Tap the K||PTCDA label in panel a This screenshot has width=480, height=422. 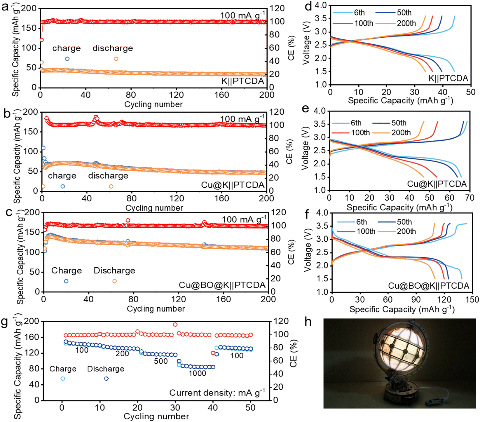click(x=242, y=81)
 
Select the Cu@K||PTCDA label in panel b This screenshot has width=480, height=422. click(x=233, y=185)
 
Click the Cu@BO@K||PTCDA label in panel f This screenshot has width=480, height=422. click(x=428, y=285)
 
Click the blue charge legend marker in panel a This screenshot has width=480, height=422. click(x=67, y=59)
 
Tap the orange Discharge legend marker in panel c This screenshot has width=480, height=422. click(x=114, y=281)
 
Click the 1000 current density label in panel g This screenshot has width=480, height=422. click(x=197, y=373)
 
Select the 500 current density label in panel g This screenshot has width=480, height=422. click(x=161, y=361)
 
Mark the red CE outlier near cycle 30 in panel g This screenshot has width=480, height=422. click(x=175, y=325)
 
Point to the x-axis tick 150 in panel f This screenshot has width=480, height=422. click(x=472, y=299)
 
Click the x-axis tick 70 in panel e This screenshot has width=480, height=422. click(x=469, y=198)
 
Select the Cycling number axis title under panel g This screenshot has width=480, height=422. click(x=156, y=416)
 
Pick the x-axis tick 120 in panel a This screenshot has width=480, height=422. click(x=176, y=95)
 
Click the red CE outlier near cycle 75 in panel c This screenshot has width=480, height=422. click(x=128, y=221)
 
